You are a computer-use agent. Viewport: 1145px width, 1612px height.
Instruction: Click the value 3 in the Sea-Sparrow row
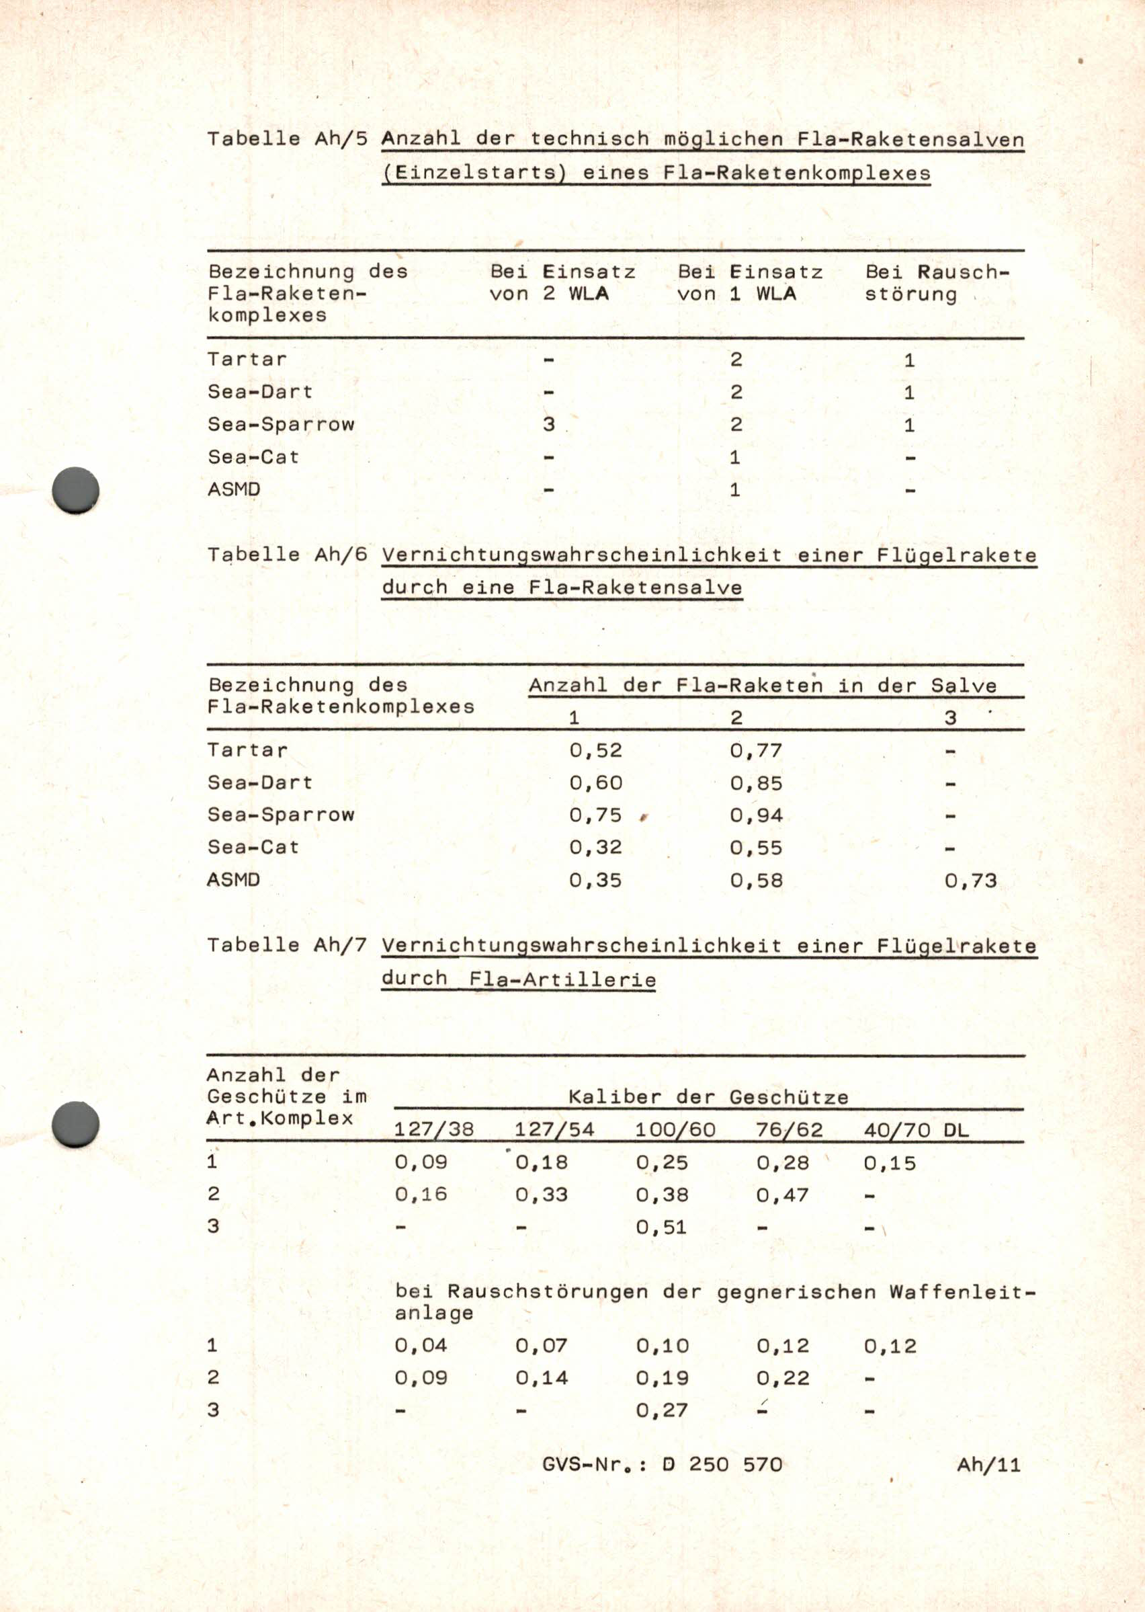pyautogui.click(x=548, y=424)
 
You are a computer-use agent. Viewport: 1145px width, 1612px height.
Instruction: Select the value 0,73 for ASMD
pyautogui.click(x=970, y=881)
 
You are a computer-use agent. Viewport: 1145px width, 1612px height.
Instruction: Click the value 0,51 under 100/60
pyautogui.click(x=661, y=1227)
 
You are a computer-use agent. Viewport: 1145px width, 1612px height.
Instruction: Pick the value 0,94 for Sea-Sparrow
pyautogui.click(x=756, y=816)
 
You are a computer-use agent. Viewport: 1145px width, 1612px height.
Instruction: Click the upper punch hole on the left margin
pyautogui.click(x=76, y=489)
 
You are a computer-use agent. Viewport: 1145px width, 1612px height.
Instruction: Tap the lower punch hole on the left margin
pyautogui.click(x=76, y=1124)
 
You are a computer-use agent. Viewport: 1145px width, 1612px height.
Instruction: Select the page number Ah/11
pyautogui.click(x=988, y=1465)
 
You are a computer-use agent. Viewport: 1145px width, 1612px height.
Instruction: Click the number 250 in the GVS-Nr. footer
pyautogui.click(x=709, y=1465)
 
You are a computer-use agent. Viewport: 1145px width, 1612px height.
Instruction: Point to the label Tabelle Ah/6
pyautogui.click(x=287, y=555)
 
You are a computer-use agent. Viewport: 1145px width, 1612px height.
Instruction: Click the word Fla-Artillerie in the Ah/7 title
pyautogui.click(x=562, y=979)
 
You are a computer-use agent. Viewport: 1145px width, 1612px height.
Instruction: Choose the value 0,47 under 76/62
pyautogui.click(x=783, y=1195)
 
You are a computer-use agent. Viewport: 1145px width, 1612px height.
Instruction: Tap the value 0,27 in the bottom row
pyautogui.click(x=661, y=1410)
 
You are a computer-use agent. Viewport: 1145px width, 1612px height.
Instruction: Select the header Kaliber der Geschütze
pyautogui.click(x=708, y=1097)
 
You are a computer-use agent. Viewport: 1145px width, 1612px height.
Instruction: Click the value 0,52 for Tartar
pyautogui.click(x=596, y=750)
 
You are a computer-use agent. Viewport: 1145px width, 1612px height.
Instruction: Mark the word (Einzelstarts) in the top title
pyautogui.click(x=474, y=173)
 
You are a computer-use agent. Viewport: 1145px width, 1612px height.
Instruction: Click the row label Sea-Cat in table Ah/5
pyautogui.click(x=253, y=457)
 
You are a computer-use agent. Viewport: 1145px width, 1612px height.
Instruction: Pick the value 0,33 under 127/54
pyautogui.click(x=541, y=1195)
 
